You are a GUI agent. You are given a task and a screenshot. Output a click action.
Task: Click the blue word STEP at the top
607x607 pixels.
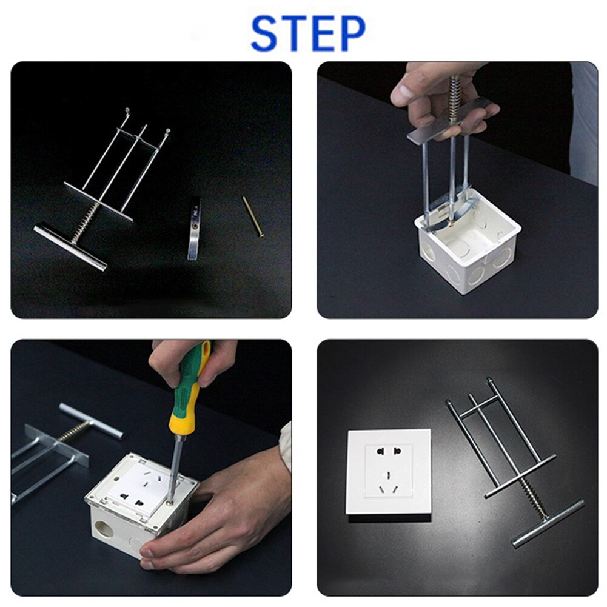tap(308, 33)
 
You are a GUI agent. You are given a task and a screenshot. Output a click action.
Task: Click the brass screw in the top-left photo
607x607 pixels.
tap(253, 216)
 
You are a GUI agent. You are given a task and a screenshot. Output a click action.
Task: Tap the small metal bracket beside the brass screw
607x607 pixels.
tap(194, 228)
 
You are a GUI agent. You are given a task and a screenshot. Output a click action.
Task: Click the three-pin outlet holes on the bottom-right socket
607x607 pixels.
tap(388, 485)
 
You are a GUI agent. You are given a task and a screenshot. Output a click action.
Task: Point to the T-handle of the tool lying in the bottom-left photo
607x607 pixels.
tap(91, 420)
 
